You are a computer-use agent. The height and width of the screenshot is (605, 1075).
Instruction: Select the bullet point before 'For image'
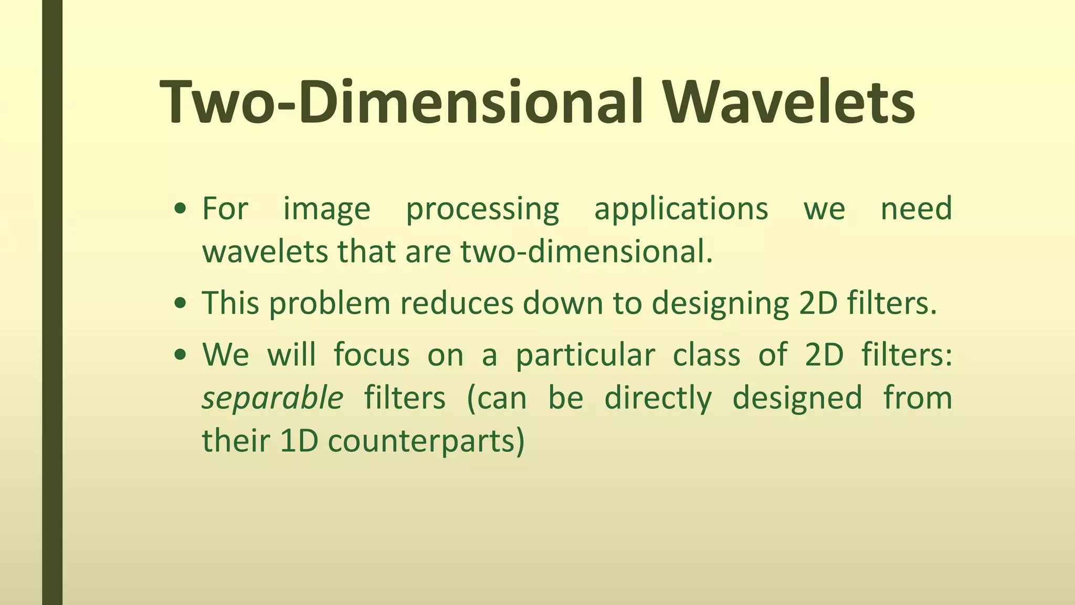(x=181, y=209)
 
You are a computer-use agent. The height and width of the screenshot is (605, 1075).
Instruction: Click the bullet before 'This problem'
(x=181, y=304)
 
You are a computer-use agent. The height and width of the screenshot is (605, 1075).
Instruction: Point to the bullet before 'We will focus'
(x=181, y=355)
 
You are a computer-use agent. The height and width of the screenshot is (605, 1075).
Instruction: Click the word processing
(x=482, y=209)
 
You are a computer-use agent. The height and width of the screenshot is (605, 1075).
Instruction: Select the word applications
(x=681, y=208)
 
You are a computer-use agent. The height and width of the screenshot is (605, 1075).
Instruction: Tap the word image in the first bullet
(x=326, y=209)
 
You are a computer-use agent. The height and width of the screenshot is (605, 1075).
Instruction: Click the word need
(x=916, y=208)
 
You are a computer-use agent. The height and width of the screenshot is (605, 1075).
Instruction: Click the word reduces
(x=456, y=304)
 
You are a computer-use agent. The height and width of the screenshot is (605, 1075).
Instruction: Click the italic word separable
(x=272, y=398)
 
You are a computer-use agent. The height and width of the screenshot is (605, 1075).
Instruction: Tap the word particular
(x=585, y=355)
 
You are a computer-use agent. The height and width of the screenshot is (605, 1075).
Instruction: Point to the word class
(x=706, y=354)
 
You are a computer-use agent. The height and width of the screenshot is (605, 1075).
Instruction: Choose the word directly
(x=658, y=398)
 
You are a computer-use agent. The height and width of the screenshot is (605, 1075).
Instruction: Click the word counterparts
(x=426, y=441)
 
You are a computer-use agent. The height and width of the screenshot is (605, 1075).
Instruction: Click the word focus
(x=371, y=354)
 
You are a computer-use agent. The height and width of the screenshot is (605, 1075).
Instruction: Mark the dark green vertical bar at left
(x=52, y=302)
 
